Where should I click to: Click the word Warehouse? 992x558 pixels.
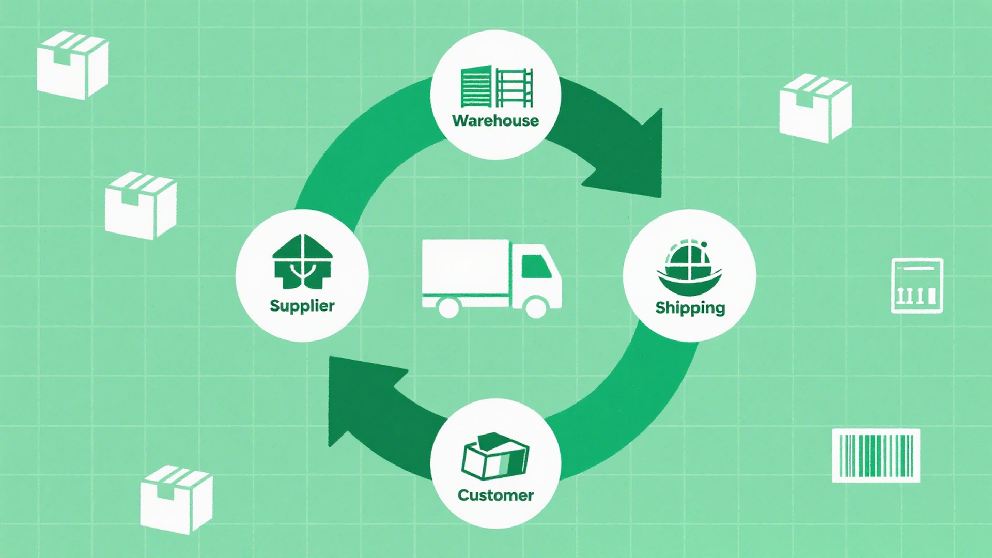(x=495, y=120)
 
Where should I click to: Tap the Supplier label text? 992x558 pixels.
(x=302, y=305)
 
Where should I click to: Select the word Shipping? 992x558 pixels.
(x=690, y=307)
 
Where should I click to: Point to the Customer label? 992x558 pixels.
(x=495, y=495)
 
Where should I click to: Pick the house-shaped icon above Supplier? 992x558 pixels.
(x=302, y=261)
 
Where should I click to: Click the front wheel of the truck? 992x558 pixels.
(x=536, y=307)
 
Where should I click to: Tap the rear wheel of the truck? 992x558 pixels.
(x=448, y=307)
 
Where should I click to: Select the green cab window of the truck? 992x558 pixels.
(x=535, y=267)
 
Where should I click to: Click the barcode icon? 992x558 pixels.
(x=876, y=456)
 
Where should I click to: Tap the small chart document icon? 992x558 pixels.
(x=917, y=286)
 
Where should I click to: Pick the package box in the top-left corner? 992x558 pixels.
(x=72, y=65)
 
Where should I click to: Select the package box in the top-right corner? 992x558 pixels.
(x=815, y=108)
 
